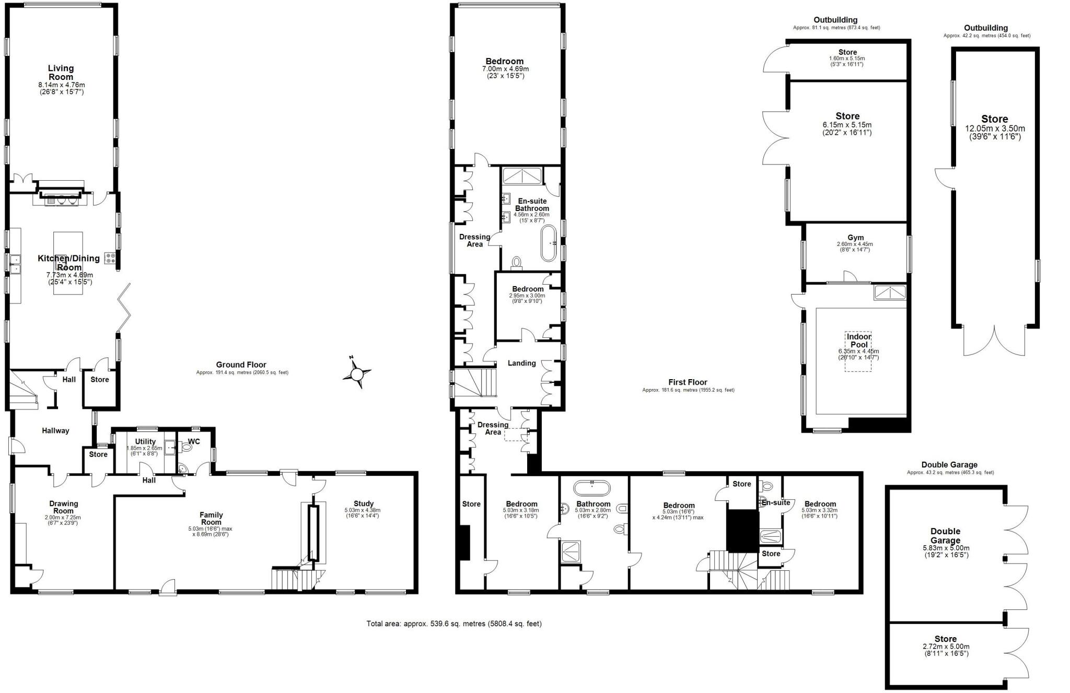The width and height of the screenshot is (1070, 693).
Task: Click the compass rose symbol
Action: point(357,373)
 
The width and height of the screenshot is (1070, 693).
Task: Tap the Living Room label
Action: point(61,73)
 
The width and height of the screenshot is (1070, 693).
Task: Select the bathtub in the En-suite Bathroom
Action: point(548,243)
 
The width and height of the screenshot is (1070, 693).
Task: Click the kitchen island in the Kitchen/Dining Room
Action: point(68,263)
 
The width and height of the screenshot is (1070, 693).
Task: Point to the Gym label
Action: point(855,238)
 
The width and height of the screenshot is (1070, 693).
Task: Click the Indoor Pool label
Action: point(858,340)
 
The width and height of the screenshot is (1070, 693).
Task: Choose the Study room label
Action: point(363,503)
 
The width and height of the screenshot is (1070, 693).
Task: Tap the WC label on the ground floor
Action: point(194,441)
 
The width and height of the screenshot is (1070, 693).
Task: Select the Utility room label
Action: point(145,441)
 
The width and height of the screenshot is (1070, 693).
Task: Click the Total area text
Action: point(453,624)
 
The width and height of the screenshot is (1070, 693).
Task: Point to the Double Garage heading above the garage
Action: point(949,464)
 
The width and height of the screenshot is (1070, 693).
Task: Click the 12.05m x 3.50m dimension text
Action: point(994,128)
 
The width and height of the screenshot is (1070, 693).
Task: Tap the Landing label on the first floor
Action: point(521,363)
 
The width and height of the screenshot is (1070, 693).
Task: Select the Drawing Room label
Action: point(64,507)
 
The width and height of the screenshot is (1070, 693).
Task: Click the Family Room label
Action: point(211,518)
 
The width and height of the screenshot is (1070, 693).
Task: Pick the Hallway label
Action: point(55,430)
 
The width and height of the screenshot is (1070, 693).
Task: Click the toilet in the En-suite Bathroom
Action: point(517,262)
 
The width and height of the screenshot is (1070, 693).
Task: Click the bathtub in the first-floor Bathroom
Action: point(591,488)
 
